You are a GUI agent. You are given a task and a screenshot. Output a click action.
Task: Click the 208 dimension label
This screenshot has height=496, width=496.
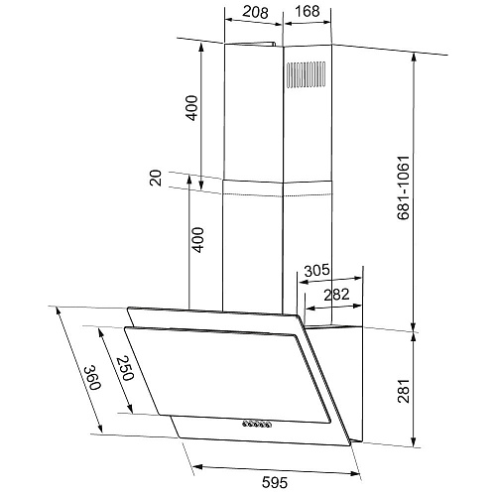[x=255, y=12]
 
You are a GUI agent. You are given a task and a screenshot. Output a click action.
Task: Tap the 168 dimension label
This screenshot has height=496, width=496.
[x=308, y=11]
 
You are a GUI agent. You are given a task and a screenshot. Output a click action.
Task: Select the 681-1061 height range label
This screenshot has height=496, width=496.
[x=404, y=187]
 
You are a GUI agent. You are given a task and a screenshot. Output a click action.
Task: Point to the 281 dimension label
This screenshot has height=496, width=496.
[x=404, y=391]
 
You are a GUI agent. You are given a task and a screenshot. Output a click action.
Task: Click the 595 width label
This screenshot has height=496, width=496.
[x=275, y=482]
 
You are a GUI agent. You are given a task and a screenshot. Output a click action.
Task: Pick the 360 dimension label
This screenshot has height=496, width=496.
[x=91, y=377]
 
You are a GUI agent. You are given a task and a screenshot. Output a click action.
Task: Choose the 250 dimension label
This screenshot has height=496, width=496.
[x=125, y=368]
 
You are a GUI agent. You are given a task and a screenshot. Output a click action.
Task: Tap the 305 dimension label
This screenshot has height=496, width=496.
[x=316, y=270]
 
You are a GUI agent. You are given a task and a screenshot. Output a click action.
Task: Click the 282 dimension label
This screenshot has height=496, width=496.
[x=336, y=295]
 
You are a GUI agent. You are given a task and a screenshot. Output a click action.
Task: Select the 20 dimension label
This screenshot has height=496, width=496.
[x=156, y=178]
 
